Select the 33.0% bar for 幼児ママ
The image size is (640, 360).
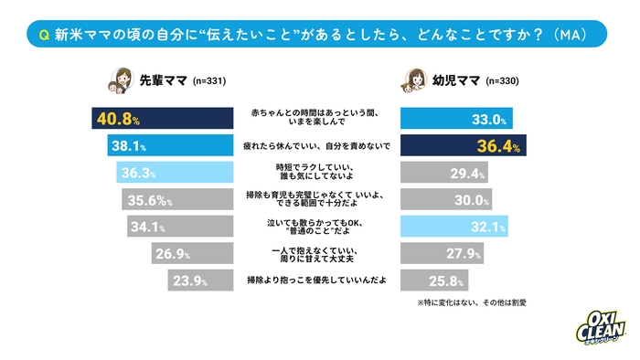[x=457, y=118]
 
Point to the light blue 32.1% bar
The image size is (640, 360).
[x=454, y=225]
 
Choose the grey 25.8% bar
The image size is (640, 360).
[x=435, y=279]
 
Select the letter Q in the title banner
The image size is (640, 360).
[x=44, y=34]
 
